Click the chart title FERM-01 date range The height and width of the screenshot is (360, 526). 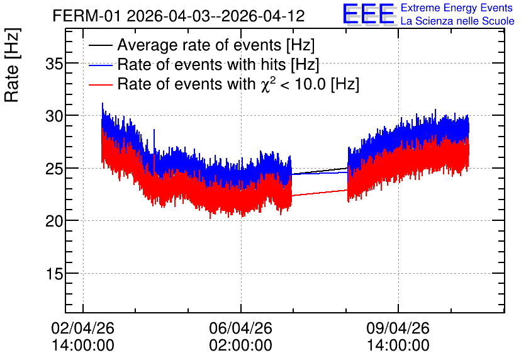coord(179,16)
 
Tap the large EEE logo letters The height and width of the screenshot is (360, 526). coord(368,13)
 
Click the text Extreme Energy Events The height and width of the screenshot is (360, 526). coord(457,8)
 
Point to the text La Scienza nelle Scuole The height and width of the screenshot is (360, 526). coord(457,21)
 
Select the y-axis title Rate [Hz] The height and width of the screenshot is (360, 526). coord(12,65)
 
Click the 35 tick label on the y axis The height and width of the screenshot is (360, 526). coord(54,64)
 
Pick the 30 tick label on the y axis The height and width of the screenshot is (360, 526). coord(54,116)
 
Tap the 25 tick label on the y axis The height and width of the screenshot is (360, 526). coord(54,169)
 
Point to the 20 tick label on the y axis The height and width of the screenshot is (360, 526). coord(54,221)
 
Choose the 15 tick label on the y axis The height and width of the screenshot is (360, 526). coord(54,274)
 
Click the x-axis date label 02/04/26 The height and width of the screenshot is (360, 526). coord(83,328)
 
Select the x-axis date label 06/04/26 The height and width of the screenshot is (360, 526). coord(240,328)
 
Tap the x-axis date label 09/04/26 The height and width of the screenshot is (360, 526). coord(398,328)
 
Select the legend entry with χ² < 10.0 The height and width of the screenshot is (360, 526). coord(238,84)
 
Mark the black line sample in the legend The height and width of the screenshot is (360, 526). coord(100,45)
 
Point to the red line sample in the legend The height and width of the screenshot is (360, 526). coord(100,84)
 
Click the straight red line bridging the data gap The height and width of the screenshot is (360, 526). coord(320,193)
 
